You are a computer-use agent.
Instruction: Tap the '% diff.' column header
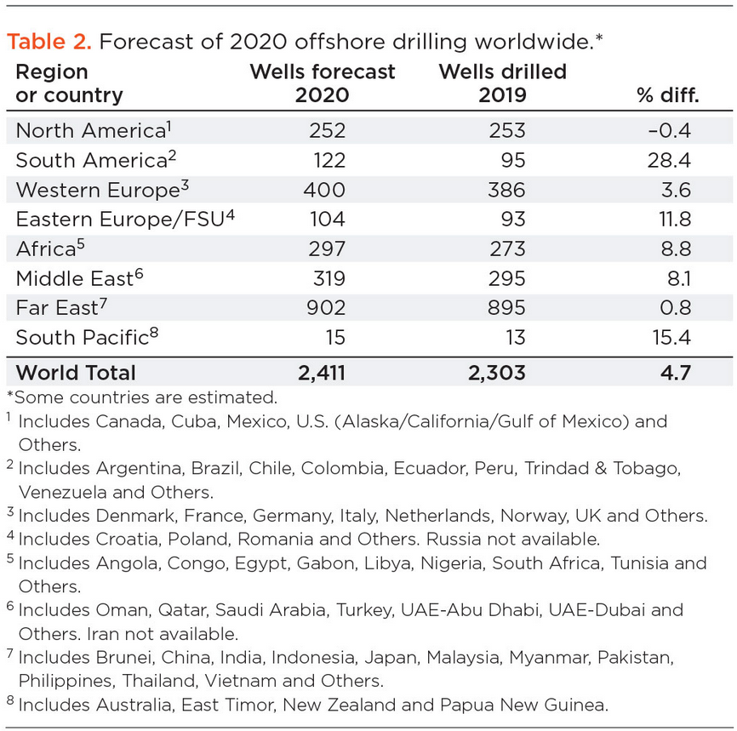click(667, 94)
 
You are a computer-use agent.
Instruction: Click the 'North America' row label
click(89, 130)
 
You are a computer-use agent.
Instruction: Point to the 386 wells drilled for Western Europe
click(507, 189)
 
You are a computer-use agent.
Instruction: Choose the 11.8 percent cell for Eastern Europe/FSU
click(680, 219)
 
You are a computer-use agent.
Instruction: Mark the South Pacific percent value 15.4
click(678, 337)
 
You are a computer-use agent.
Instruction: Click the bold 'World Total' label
click(76, 372)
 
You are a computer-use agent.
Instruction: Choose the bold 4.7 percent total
click(683, 372)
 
